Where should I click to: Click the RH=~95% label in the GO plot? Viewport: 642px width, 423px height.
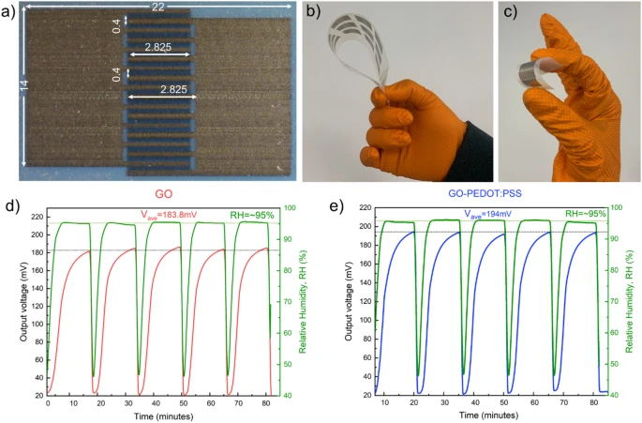tap(251, 215)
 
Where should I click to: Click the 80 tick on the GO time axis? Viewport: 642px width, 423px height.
tap(269, 405)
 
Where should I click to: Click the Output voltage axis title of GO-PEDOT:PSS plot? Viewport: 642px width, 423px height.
tap(345, 301)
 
